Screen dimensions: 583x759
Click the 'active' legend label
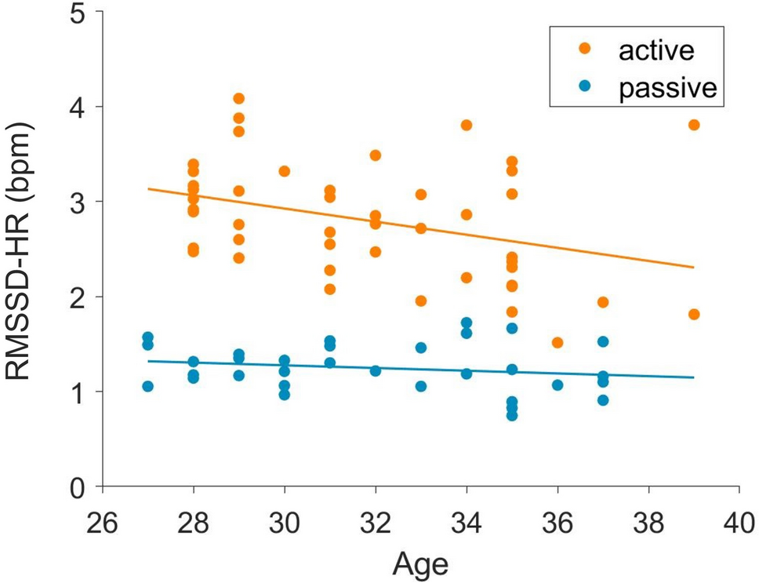tap(656, 51)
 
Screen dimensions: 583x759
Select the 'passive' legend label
tap(667, 87)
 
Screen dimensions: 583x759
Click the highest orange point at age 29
tap(238, 99)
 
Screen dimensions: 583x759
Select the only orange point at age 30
tap(284, 171)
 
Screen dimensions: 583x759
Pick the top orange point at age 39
tap(693, 125)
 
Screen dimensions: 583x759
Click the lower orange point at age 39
tap(693, 315)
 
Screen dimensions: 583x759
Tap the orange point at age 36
tap(557, 343)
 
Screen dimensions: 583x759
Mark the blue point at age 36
tap(557, 385)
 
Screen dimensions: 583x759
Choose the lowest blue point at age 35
tap(511, 415)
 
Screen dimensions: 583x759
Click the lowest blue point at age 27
tap(147, 386)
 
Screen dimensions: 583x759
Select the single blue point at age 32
tap(375, 370)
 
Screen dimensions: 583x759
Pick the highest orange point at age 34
tap(466, 126)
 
